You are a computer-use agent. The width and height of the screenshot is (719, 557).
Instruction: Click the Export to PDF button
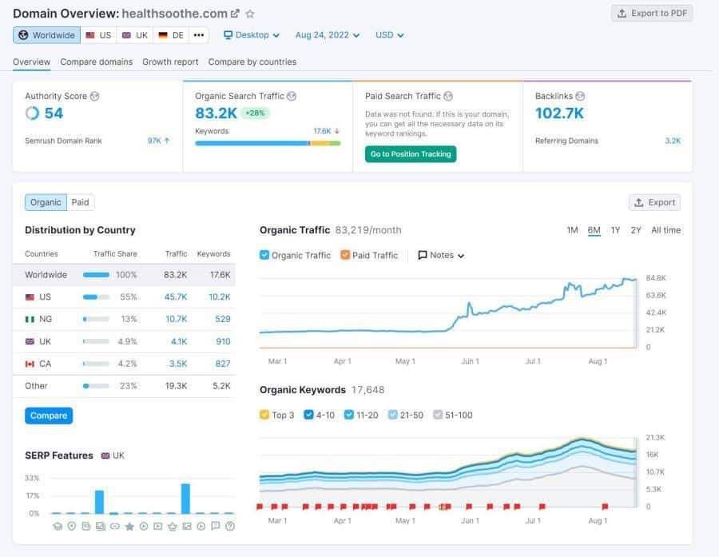[x=652, y=13]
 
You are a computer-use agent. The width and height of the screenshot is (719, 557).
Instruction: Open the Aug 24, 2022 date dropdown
[x=327, y=35]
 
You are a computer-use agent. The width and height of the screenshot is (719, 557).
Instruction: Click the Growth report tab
[x=170, y=62]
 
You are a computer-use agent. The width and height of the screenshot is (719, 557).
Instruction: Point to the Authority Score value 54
[x=54, y=113]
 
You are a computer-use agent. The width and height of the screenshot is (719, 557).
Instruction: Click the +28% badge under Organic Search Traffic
[x=256, y=113]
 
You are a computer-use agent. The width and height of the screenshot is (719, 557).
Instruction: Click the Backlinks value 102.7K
[x=559, y=113]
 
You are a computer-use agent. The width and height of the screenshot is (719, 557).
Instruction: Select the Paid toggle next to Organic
[x=81, y=202]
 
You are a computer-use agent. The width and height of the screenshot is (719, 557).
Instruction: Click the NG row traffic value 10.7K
[x=176, y=319]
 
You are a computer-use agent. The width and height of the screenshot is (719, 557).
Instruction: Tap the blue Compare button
[x=49, y=416]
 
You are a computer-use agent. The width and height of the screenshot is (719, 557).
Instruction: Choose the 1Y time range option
[x=615, y=230]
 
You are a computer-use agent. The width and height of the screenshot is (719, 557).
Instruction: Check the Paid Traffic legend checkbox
[x=345, y=255]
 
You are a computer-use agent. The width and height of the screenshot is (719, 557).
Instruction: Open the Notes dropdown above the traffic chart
[x=441, y=255]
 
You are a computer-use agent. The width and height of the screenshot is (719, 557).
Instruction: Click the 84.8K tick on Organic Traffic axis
[x=656, y=278]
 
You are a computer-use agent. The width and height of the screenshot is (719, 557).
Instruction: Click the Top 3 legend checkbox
[x=264, y=415]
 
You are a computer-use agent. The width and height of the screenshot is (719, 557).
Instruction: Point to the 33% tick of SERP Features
[x=33, y=478]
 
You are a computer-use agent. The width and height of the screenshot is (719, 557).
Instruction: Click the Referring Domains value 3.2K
[x=673, y=141]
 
